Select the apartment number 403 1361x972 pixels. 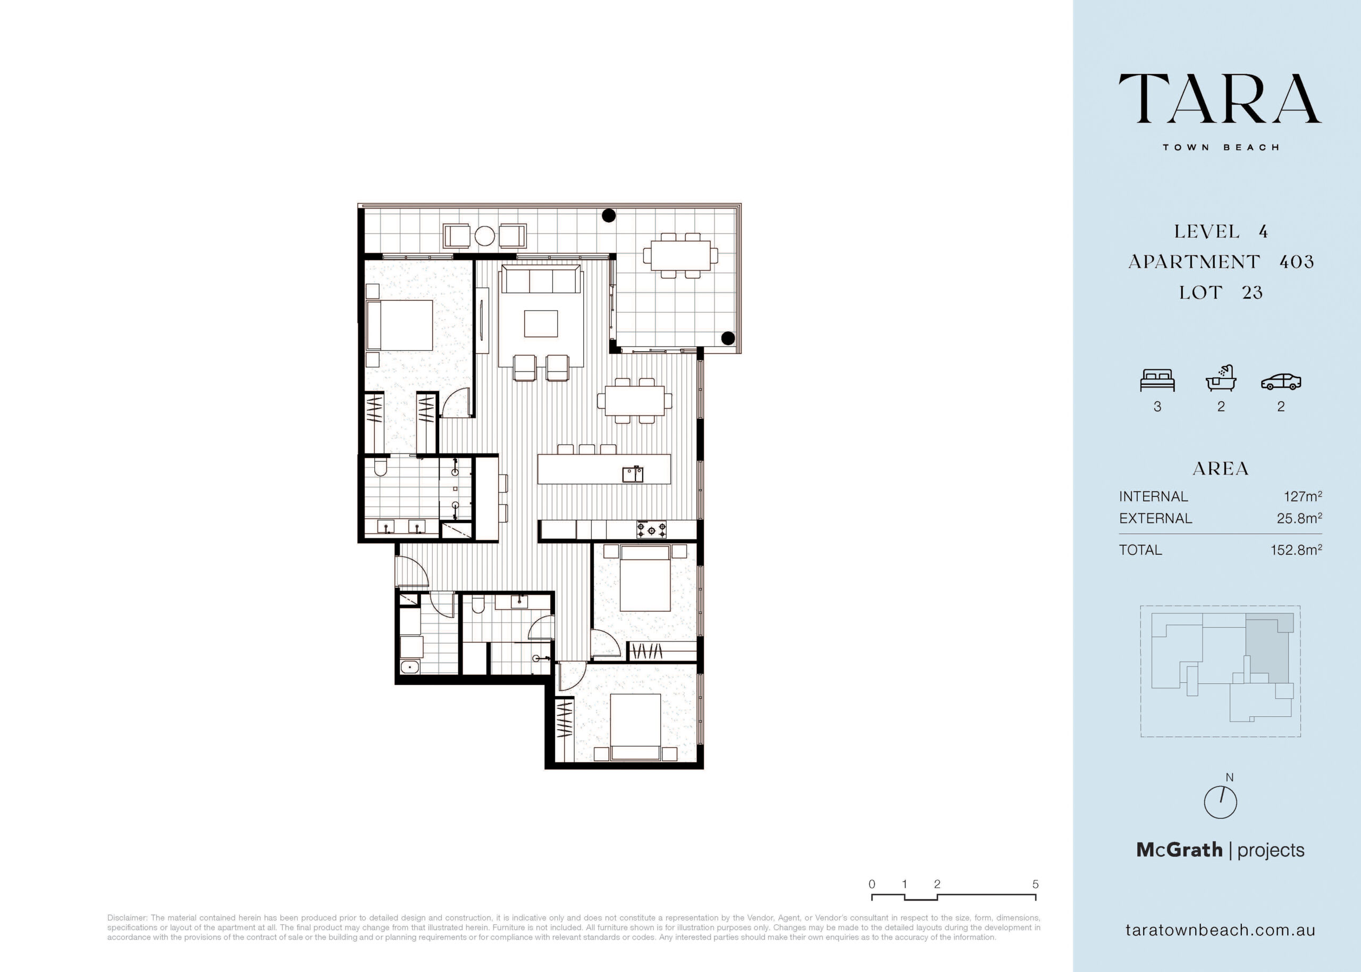click(x=1296, y=261)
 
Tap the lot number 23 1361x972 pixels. click(x=1252, y=293)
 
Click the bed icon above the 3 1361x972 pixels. click(x=1157, y=381)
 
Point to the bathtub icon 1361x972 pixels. click(x=1221, y=378)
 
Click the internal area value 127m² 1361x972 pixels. click(x=1303, y=496)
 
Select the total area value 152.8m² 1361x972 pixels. click(x=1296, y=550)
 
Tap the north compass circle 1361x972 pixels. click(x=1220, y=802)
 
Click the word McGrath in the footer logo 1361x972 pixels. click(x=1179, y=850)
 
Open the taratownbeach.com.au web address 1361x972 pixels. click(x=1220, y=930)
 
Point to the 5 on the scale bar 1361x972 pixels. click(x=1035, y=884)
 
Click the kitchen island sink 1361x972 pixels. click(x=633, y=475)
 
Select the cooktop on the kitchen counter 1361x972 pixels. click(x=652, y=530)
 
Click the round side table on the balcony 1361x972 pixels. click(x=485, y=236)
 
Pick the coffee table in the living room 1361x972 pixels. click(x=541, y=324)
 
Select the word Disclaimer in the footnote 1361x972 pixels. click(x=127, y=918)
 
